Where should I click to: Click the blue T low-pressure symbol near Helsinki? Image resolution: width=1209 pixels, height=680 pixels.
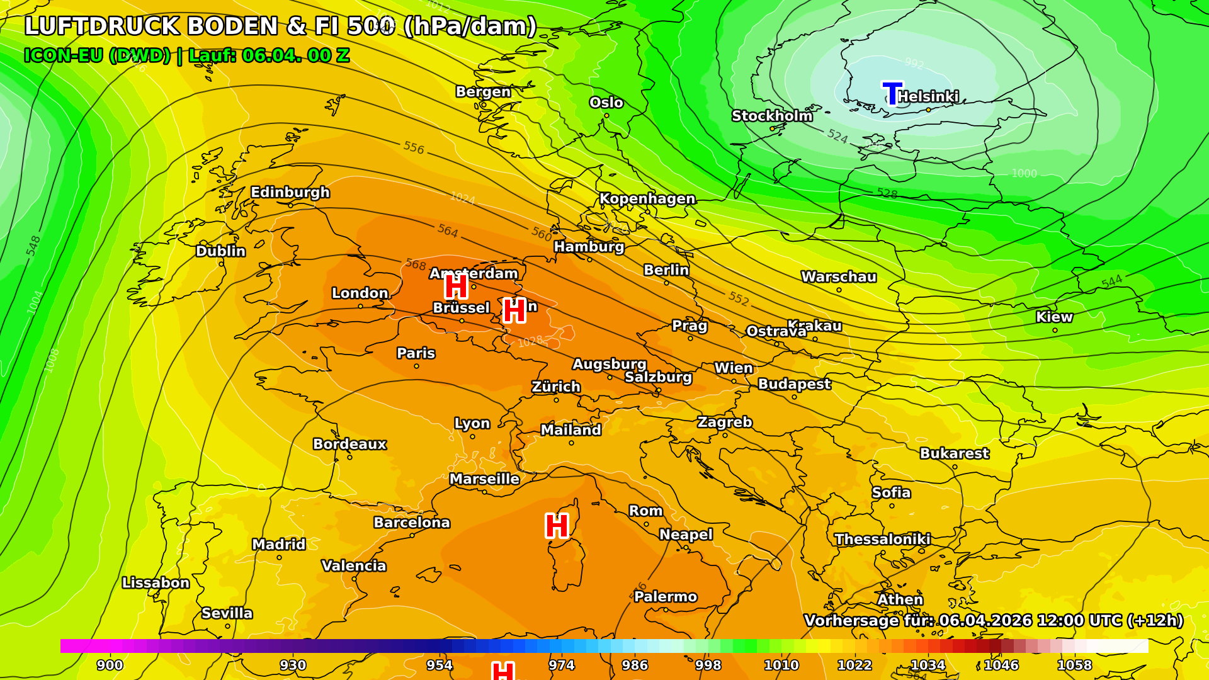[x=892, y=93]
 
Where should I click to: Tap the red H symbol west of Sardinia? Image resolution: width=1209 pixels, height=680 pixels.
[x=557, y=526]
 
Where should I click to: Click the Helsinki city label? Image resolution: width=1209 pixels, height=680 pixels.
[x=928, y=96]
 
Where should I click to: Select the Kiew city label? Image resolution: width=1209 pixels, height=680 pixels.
[x=1054, y=317]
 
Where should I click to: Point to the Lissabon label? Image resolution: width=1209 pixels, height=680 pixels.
[x=156, y=582]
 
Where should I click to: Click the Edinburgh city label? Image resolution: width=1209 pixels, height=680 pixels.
[x=290, y=192]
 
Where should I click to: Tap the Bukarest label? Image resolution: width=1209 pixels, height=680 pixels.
[x=954, y=453]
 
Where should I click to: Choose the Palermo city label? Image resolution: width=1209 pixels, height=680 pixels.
[x=666, y=596]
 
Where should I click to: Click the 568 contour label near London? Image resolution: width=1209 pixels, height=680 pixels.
[x=416, y=264]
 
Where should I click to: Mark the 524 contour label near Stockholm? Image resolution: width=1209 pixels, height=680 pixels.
[x=837, y=136]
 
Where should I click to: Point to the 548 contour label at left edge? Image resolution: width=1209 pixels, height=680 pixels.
[x=33, y=245]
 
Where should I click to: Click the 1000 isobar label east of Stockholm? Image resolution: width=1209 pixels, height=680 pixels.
[x=1024, y=173]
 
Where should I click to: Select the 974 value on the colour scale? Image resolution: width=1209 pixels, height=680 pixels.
[x=561, y=665]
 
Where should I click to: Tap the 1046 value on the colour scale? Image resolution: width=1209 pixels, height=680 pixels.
[x=1001, y=665]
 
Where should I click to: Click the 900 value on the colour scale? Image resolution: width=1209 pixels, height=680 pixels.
[x=110, y=665]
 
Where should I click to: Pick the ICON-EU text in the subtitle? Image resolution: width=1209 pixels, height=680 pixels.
[x=63, y=55]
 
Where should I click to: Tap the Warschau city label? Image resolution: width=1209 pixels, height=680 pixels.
[x=838, y=276]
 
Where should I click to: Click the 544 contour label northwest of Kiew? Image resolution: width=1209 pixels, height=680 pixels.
[x=1112, y=281]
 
